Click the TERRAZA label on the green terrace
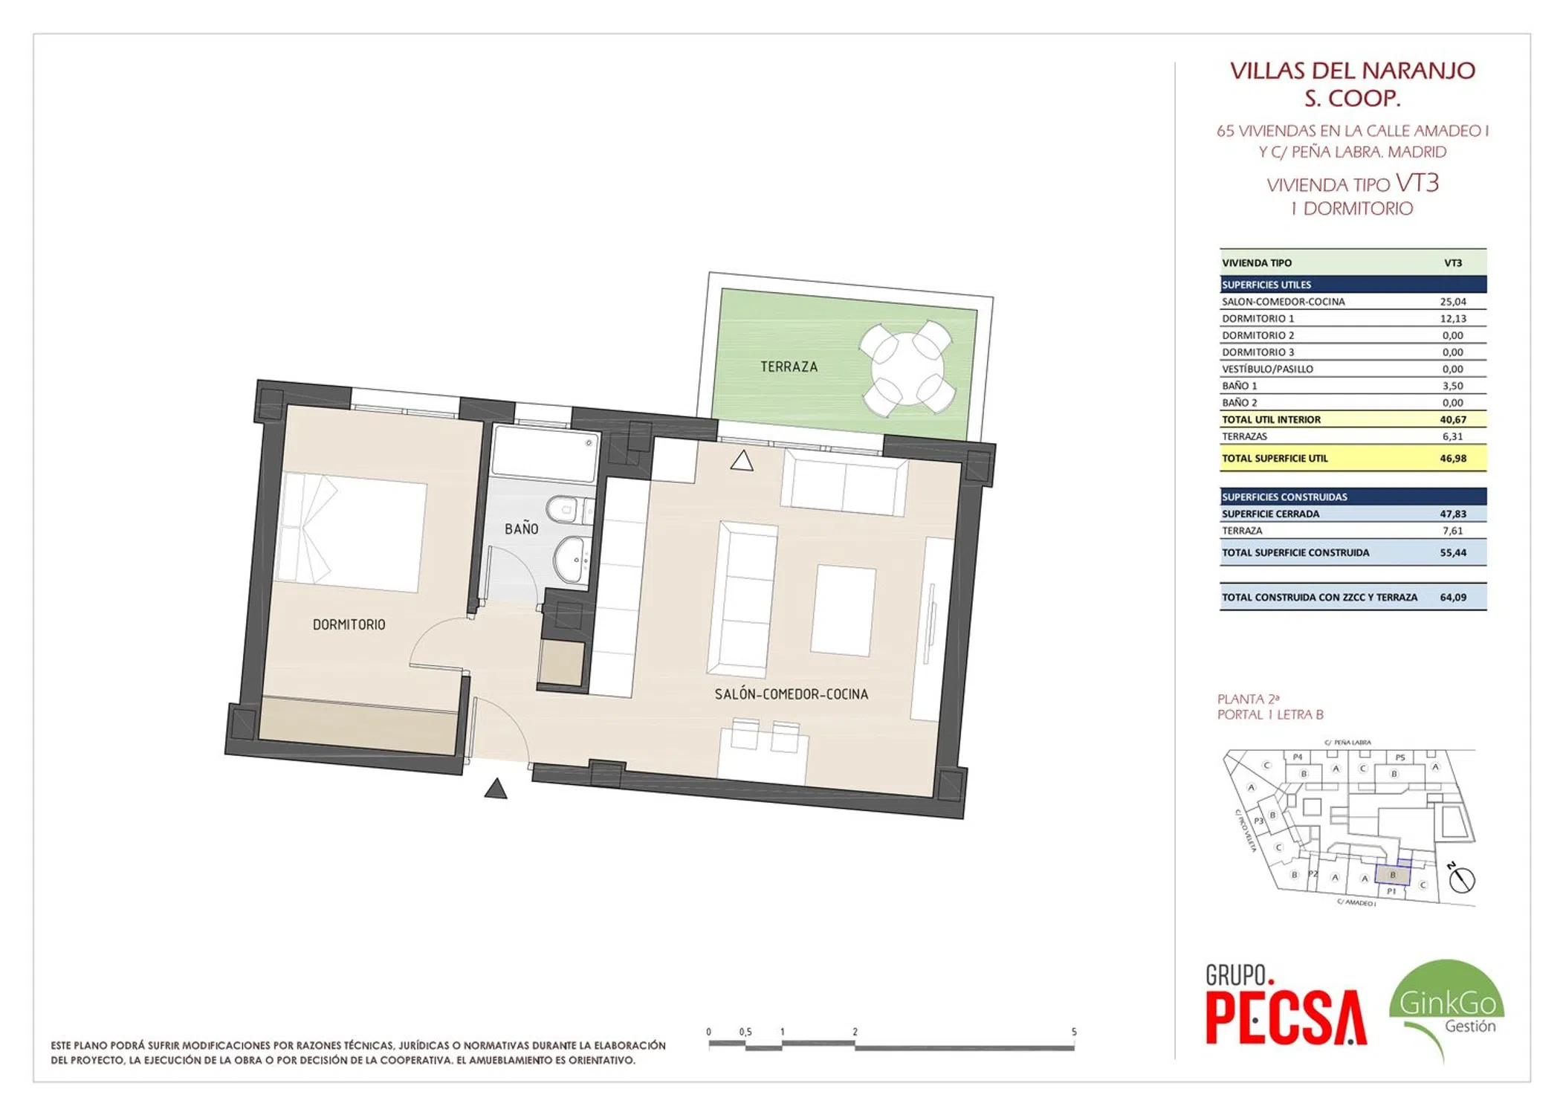tap(789, 366)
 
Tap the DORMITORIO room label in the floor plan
tap(349, 624)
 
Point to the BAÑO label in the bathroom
tap(521, 529)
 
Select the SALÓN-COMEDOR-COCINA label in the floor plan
tap(791, 694)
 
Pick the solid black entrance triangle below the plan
tap(496, 789)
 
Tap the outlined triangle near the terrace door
tap(741, 461)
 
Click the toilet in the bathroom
tap(569, 509)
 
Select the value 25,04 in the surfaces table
tap(1452, 302)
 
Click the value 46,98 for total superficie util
tap(1452, 459)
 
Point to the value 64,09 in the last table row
tap(1452, 597)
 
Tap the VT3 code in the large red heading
tap(1417, 183)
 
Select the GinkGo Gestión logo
tap(1446, 1007)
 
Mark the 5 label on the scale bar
tap(1074, 1032)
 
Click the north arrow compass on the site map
tap(1461, 879)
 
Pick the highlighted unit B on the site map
tap(1392, 875)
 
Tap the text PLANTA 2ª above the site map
tap(1248, 699)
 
